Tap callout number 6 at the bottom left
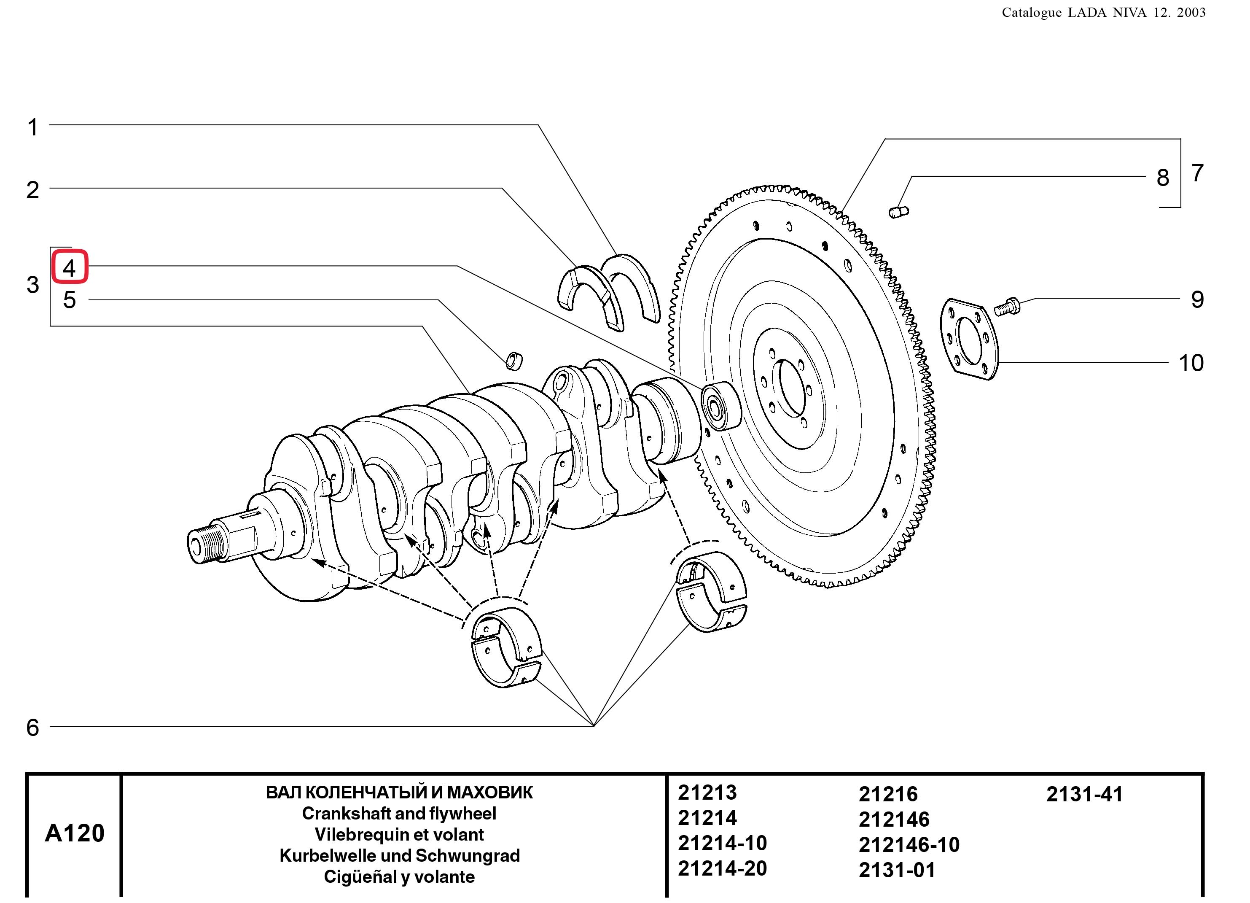33,728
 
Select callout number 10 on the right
1191,363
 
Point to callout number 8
1162,178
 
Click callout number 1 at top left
33,127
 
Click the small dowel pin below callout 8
898,211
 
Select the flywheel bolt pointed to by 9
1007,306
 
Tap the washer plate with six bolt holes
968,339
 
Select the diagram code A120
74,833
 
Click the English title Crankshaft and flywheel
399,813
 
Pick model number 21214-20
722,868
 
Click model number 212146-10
909,844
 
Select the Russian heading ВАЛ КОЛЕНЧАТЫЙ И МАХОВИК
399,792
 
